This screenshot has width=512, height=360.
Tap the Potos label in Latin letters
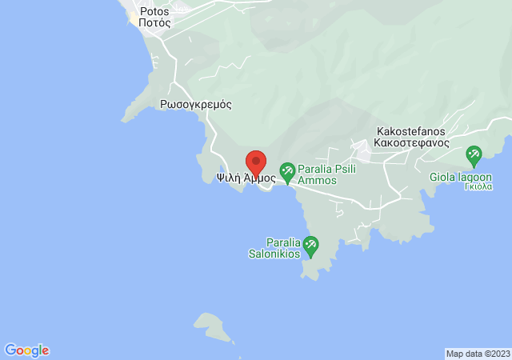point(154,12)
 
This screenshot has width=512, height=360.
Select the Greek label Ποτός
point(154,23)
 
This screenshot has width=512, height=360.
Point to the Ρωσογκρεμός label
point(195,104)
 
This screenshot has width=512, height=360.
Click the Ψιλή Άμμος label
point(246,179)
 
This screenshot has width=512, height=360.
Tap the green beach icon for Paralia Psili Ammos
point(287,171)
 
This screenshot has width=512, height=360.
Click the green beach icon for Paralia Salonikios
point(311,244)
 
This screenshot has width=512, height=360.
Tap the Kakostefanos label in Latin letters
point(413,131)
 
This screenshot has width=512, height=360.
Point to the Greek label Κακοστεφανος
point(413,142)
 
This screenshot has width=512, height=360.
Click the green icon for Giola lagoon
point(474,154)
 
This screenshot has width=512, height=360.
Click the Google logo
point(26,350)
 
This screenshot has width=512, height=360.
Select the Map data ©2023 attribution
point(478,354)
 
